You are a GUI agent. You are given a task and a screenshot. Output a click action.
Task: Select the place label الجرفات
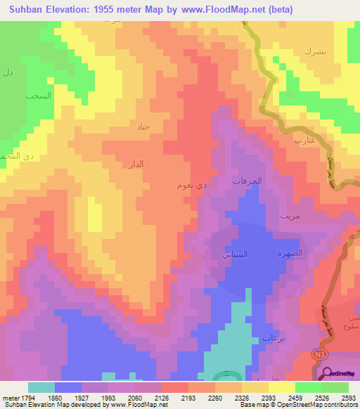247,181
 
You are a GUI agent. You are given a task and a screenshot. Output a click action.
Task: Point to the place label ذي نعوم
192,186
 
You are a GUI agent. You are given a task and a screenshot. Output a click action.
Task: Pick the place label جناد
144,127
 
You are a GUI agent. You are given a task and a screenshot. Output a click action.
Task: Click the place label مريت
290,216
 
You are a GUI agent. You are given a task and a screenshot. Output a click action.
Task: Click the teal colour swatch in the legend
41,387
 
